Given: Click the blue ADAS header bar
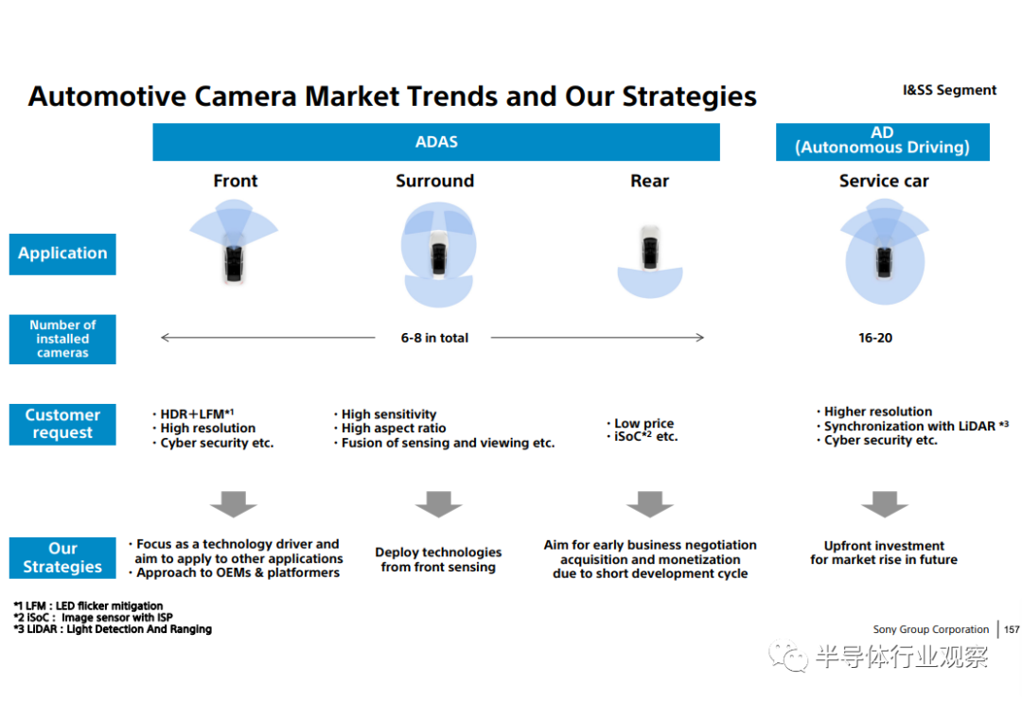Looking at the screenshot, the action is pyautogui.click(x=436, y=142).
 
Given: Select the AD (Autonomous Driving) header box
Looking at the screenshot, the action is pyautogui.click(x=883, y=142).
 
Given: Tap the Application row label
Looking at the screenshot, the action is pyautogui.click(x=62, y=254).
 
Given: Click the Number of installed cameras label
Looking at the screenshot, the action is pyautogui.click(x=62, y=339).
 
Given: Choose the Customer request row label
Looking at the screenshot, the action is pyautogui.click(x=62, y=425).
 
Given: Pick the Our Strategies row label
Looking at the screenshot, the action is pyautogui.click(x=62, y=558).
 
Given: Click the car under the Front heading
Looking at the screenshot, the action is pyautogui.click(x=234, y=264).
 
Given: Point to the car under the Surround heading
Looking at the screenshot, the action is pyautogui.click(x=439, y=254).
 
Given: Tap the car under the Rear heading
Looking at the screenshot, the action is pyautogui.click(x=650, y=248).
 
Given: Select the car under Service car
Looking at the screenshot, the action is pyautogui.click(x=884, y=261).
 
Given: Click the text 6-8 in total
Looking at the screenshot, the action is pyautogui.click(x=434, y=338).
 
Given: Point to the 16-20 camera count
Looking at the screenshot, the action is pyautogui.click(x=875, y=338).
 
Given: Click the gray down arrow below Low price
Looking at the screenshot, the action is pyautogui.click(x=650, y=504).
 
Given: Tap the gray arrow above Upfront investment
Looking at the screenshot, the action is pyautogui.click(x=885, y=504).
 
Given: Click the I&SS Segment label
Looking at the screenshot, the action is pyautogui.click(x=949, y=90).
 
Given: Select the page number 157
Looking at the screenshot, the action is pyautogui.click(x=1012, y=629).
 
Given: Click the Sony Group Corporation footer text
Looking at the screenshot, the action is pyautogui.click(x=931, y=629).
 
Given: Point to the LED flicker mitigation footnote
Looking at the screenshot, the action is pyautogui.click(x=89, y=605).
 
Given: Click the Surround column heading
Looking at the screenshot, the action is pyautogui.click(x=434, y=181).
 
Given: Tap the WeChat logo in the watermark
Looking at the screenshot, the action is pyautogui.click(x=788, y=656).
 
